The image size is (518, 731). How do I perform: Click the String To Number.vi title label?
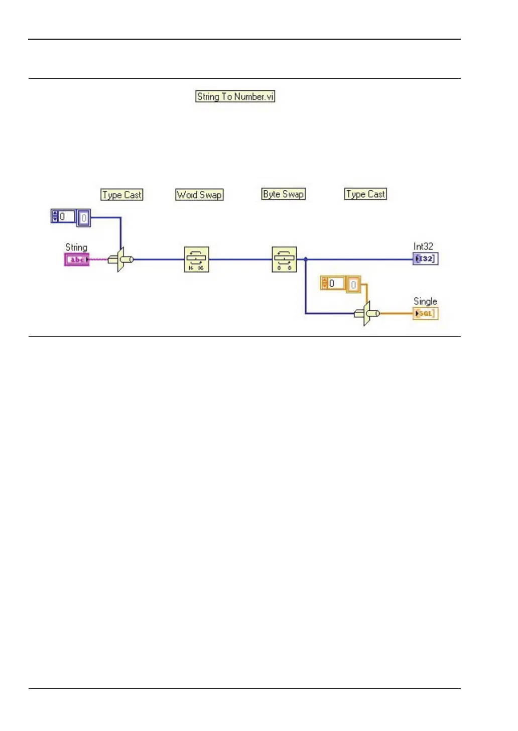click(235, 96)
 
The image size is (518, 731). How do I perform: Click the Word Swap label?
click(199, 195)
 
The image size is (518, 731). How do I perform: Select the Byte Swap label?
click(284, 194)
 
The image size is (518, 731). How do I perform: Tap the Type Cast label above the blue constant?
click(122, 195)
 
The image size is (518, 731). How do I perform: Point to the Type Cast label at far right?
click(365, 194)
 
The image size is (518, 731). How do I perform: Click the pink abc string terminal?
click(77, 260)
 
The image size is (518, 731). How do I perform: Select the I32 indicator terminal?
click(426, 259)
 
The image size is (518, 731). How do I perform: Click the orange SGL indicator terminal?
click(426, 314)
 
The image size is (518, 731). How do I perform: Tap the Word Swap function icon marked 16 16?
click(196, 260)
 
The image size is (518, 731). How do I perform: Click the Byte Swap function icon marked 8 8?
click(284, 260)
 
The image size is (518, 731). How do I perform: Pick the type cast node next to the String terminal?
click(121, 260)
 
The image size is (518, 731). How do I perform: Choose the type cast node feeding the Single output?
click(367, 314)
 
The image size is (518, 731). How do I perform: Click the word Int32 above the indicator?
click(423, 247)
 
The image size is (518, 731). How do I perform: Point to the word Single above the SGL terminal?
click(425, 301)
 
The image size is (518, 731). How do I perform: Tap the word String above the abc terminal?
click(76, 248)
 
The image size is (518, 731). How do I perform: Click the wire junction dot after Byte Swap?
click(306, 260)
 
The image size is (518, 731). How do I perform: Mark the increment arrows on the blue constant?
click(55, 216)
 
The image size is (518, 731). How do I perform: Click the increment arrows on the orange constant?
click(324, 284)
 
